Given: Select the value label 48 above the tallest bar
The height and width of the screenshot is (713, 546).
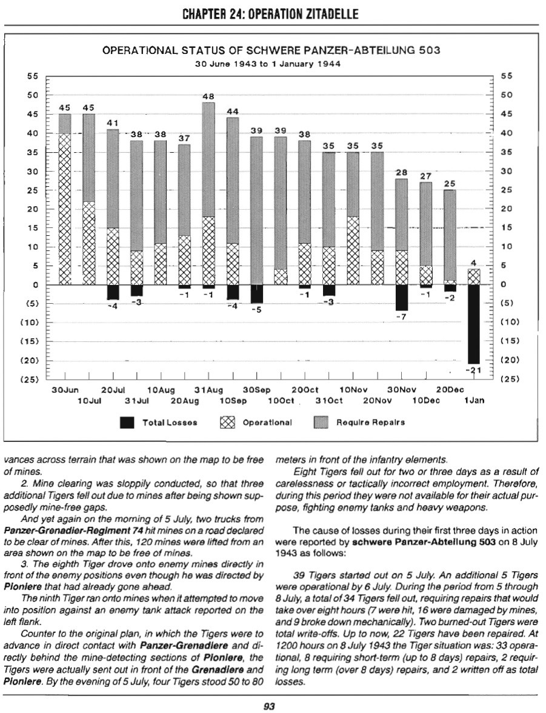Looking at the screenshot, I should click(208, 96).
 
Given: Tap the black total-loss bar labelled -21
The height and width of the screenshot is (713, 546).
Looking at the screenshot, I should click(473, 324).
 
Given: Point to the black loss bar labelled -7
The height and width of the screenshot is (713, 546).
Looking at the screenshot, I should click(401, 297).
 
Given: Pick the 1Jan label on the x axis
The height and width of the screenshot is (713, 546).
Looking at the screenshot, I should click(474, 401).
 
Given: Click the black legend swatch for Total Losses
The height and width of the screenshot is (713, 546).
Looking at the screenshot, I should click(127, 422).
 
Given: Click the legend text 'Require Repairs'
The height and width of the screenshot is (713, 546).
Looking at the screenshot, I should click(371, 422).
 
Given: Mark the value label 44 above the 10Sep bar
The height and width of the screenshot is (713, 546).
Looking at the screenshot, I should click(232, 112).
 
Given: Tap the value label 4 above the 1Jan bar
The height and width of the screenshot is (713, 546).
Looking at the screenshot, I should click(473, 263).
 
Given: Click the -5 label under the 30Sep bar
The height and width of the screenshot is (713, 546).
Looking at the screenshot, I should click(256, 310).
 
